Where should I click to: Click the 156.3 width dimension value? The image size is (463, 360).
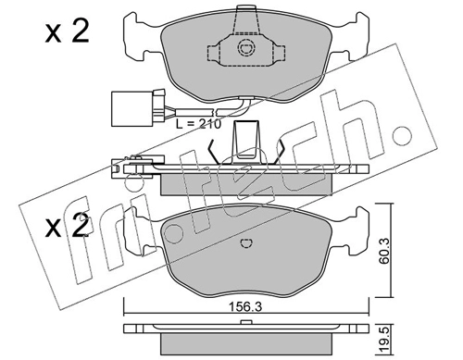coord(245,307)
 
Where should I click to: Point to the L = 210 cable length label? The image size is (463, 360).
coord(199,124)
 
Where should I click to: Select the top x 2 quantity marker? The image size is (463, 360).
coord(68,31)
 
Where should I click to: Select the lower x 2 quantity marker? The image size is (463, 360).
coord(68,227)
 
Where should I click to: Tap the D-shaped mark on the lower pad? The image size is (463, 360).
coord(246,243)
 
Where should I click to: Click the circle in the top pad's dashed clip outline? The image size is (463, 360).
coord(246,48)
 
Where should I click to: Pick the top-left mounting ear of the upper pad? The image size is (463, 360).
coord(135,34)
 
